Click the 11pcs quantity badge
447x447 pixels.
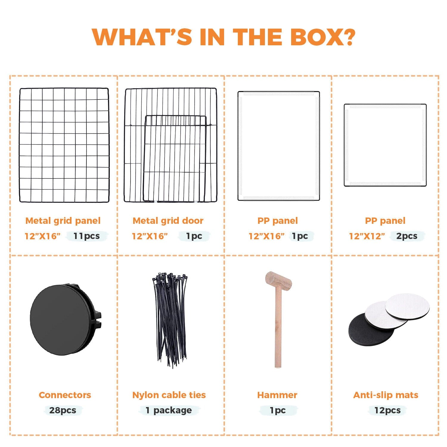(87, 236)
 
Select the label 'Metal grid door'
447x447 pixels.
(168, 221)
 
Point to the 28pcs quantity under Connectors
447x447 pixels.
(63, 410)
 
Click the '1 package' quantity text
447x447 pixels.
(169, 410)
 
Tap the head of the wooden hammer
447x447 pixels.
(278, 281)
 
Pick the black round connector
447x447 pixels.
(65, 319)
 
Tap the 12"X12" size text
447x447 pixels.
(367, 236)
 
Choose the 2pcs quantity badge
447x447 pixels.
(407, 236)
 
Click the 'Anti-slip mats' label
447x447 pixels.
(386, 395)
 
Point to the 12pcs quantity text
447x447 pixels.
(387, 410)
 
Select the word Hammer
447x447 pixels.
(277, 395)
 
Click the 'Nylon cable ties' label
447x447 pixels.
(169, 395)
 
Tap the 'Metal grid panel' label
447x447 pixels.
(63, 221)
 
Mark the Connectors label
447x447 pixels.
(65, 395)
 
